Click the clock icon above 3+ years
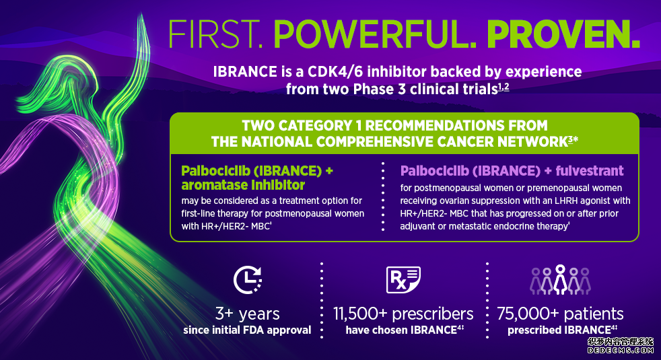click(x=248, y=279)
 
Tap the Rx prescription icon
click(x=403, y=279)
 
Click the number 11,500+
click(x=359, y=314)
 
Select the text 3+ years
click(x=248, y=314)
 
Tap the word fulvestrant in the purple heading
click(x=590, y=171)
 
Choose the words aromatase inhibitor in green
click(x=243, y=185)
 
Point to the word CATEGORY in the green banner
click(x=314, y=126)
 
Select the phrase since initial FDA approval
click(x=248, y=330)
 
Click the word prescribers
click(x=433, y=315)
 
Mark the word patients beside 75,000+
click(x=594, y=315)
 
